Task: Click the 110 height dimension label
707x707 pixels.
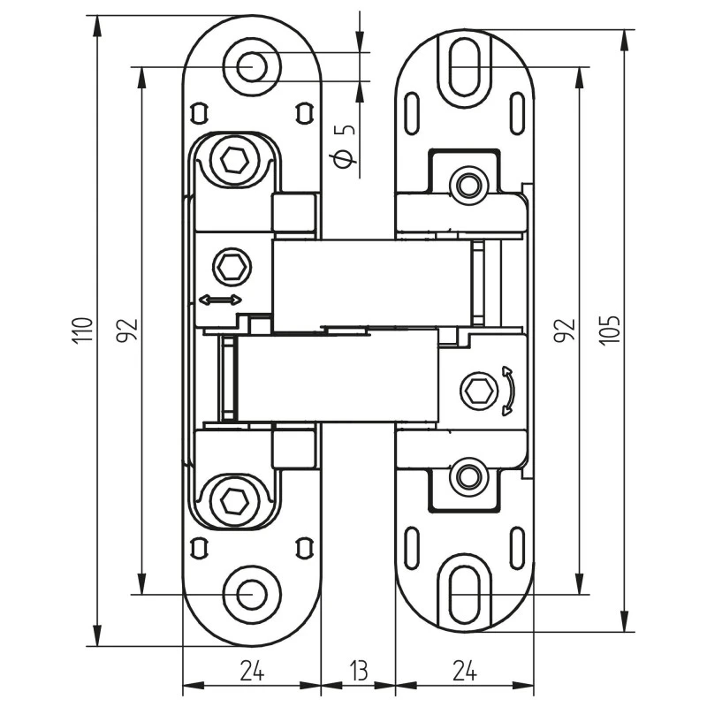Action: coord(82,331)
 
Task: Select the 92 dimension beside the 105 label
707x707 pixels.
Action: coord(567,331)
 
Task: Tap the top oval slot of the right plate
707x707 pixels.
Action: coord(465,66)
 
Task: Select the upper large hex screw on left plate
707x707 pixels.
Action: coord(234,161)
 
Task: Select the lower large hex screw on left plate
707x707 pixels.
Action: coord(234,500)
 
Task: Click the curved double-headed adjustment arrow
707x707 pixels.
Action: coord(507,390)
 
